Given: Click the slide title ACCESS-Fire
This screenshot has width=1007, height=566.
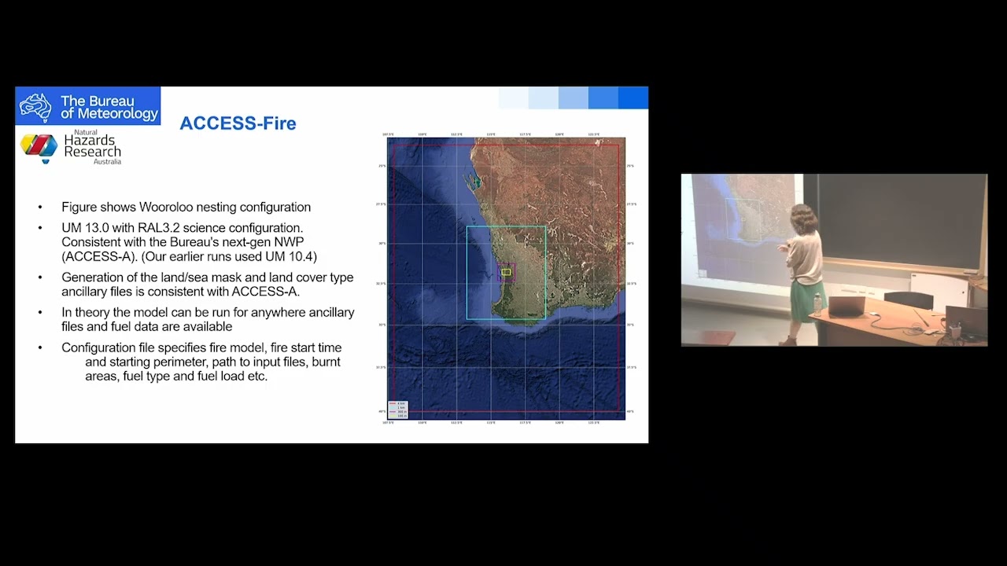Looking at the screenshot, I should (x=238, y=123).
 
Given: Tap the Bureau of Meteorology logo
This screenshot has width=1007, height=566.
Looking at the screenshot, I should (x=87, y=106).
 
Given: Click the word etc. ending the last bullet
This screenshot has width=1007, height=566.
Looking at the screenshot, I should (x=257, y=377).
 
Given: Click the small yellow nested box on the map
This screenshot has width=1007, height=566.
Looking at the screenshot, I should (x=506, y=272).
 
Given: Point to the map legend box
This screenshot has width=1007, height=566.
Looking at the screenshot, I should (x=397, y=409).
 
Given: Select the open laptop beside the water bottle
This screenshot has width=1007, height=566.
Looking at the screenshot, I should (x=845, y=304).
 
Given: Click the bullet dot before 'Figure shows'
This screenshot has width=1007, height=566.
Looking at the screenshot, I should (x=40, y=208).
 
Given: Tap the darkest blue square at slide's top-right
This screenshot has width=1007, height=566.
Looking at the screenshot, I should (x=633, y=97).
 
